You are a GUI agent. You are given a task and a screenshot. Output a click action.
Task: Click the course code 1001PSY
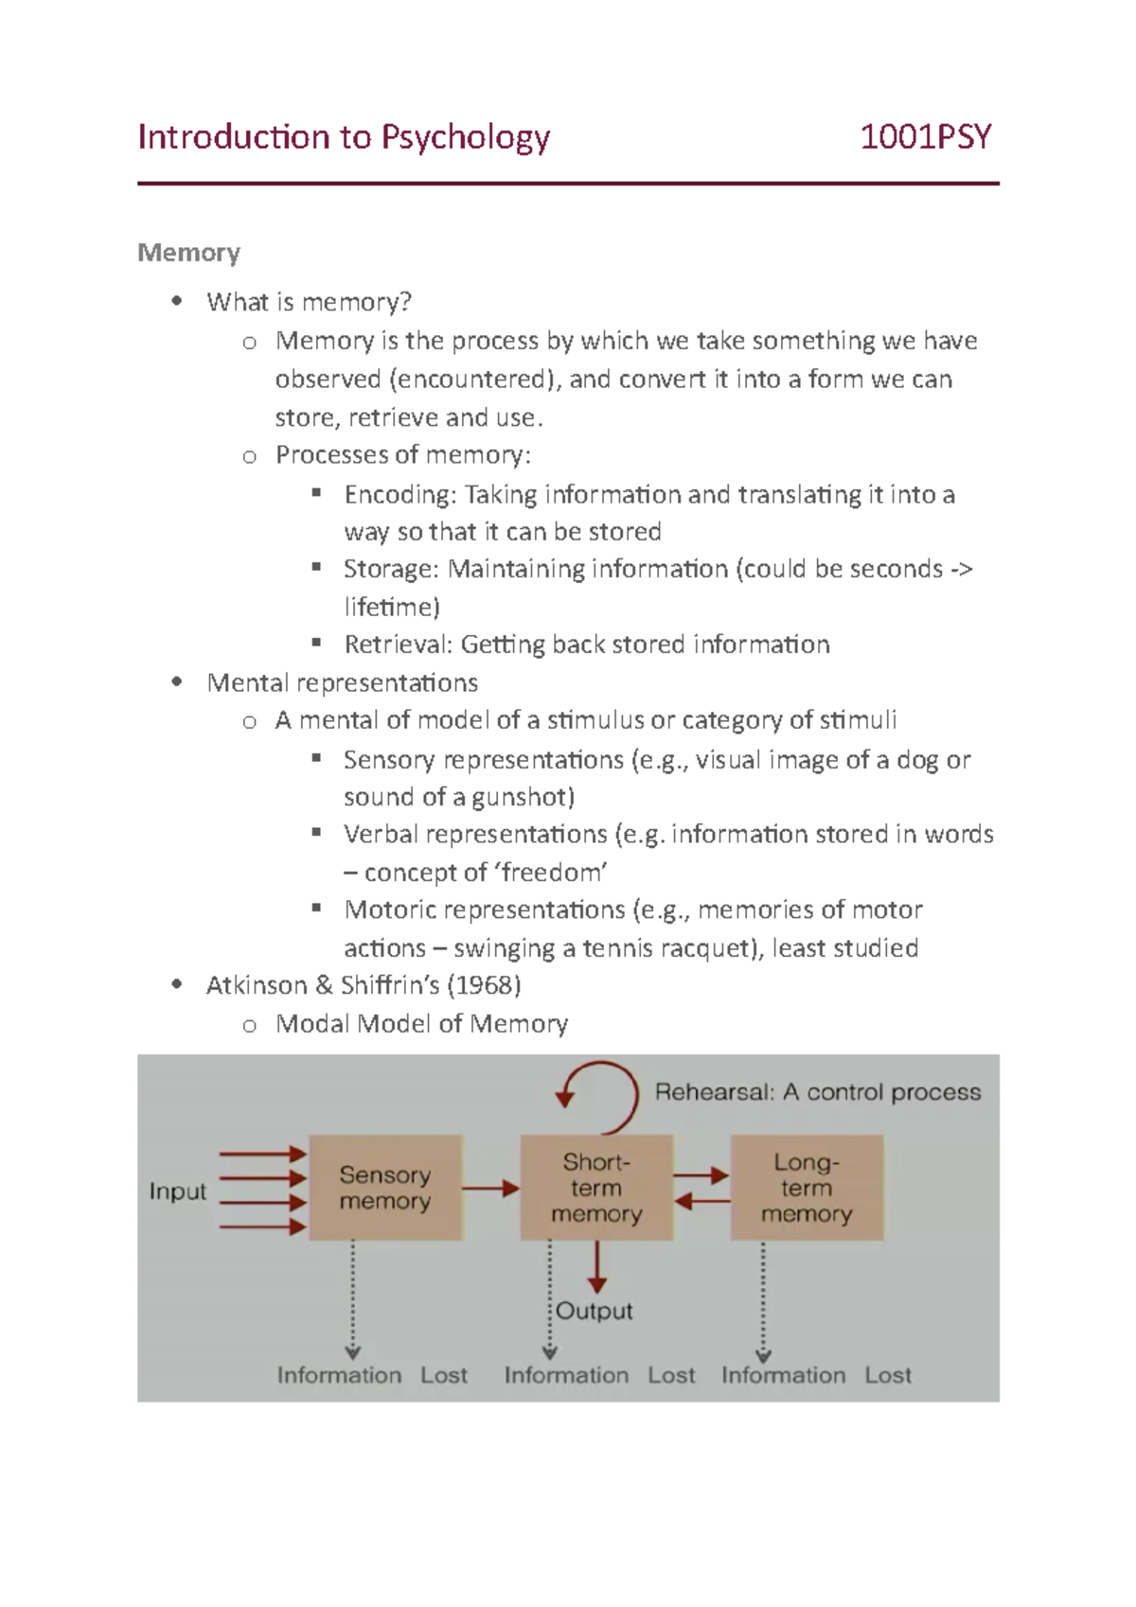925,138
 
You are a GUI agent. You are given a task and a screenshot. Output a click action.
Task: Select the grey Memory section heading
188,253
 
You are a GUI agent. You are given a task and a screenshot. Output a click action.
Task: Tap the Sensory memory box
385,1188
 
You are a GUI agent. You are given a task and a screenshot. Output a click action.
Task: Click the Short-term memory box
596,1188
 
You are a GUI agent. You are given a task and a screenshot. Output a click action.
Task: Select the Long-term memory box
807,1188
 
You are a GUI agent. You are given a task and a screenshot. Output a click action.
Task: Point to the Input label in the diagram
177,1192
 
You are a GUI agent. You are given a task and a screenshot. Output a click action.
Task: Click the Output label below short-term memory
595,1312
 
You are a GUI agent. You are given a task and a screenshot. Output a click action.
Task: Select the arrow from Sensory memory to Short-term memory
490,1188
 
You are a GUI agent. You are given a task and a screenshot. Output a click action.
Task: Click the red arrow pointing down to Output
596,1267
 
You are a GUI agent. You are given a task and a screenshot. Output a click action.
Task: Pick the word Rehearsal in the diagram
714,1092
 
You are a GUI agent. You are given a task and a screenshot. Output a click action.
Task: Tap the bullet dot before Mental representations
176,682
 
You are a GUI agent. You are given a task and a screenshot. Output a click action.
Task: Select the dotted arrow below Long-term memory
763,1301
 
